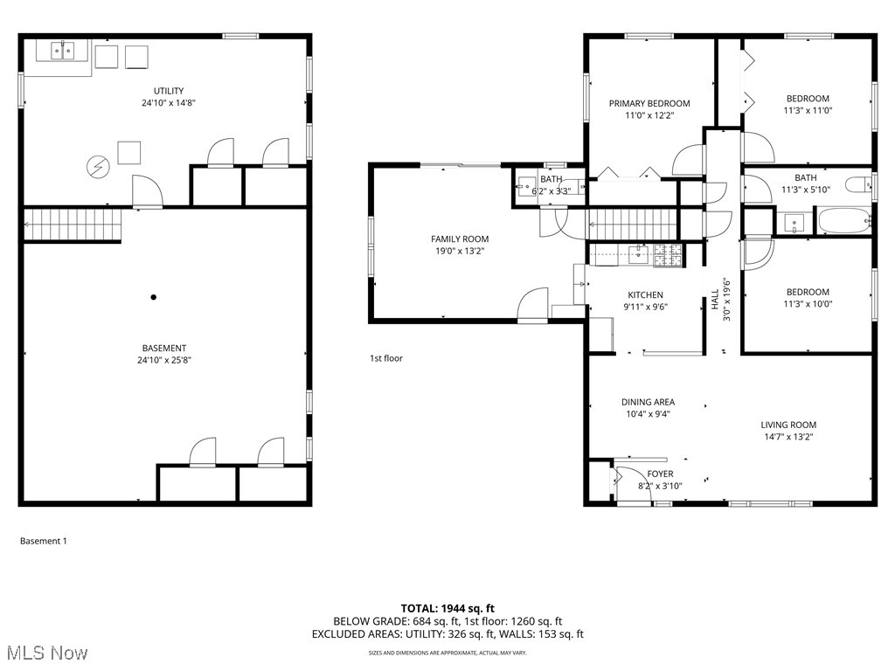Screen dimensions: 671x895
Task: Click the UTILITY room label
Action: tap(169, 91)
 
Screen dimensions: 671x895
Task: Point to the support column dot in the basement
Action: tap(154, 297)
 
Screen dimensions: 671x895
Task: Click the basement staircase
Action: tap(72, 225)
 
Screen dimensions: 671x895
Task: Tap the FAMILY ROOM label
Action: tap(460, 239)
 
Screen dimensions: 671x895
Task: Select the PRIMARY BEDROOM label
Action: tap(649, 103)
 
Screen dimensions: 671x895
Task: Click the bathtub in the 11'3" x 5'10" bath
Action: tap(843, 220)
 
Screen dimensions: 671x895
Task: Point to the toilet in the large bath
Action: tap(864, 183)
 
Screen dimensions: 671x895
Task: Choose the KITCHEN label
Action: tap(645, 295)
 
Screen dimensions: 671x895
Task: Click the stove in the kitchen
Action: tap(669, 255)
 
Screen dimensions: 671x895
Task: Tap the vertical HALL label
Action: tap(715, 301)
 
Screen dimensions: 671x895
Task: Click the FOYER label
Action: tap(660, 474)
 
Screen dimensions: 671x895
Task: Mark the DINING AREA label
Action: tap(648, 402)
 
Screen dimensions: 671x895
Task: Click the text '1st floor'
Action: tap(385, 358)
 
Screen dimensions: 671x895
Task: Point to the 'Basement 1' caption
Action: tap(43, 541)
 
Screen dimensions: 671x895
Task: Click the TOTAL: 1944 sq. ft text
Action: tap(447, 608)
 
